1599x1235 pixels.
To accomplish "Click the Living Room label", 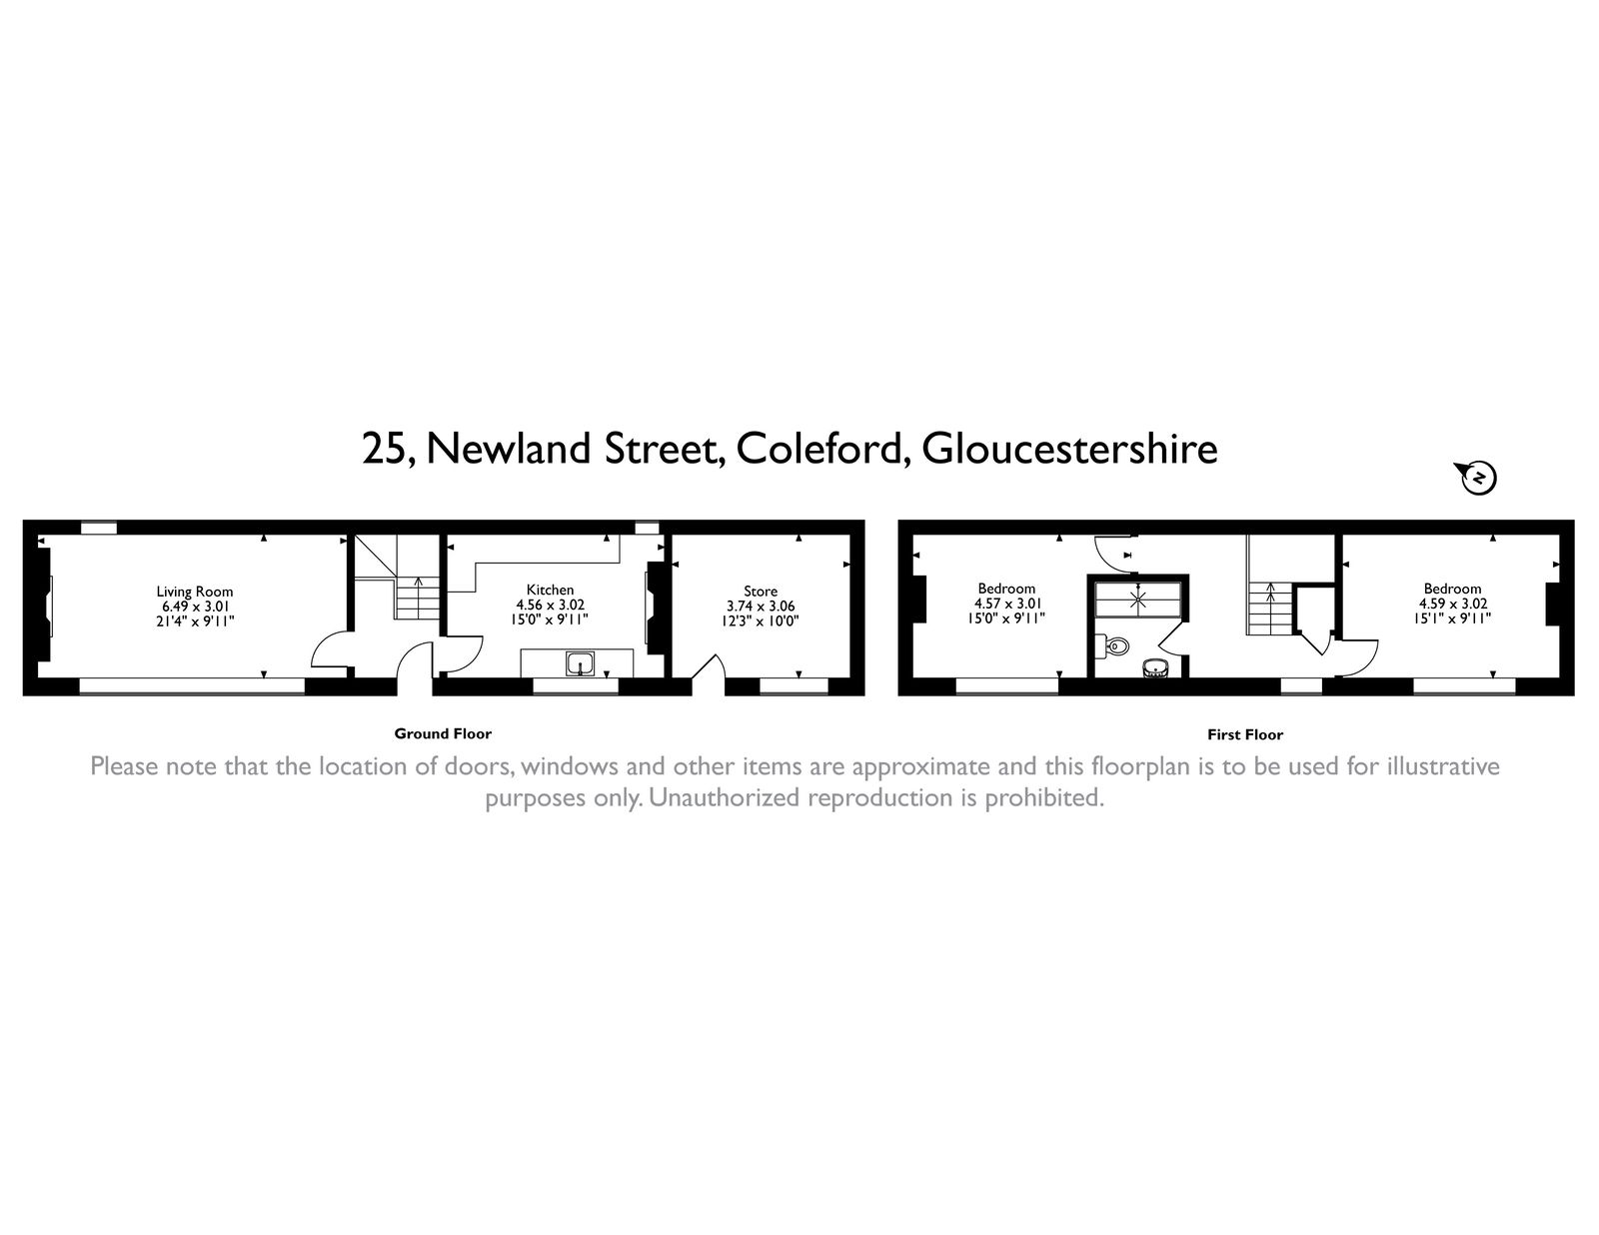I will [194, 592].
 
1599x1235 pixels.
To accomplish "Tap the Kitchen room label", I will [550, 591].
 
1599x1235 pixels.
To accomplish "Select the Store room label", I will [760, 592].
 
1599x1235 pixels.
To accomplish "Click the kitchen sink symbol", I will [580, 662].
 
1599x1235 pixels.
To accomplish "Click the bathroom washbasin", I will [1155, 667].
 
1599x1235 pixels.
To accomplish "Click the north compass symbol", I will [1478, 479].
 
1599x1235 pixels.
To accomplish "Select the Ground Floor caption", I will [443, 733].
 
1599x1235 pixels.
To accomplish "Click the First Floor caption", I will [1244, 734].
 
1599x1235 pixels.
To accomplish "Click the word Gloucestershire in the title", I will [1069, 449].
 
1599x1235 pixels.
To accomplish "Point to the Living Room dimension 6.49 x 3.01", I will [194, 606].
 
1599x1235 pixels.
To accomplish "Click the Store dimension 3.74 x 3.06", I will [760, 606].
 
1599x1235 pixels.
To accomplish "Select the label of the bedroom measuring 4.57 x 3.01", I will [1006, 589].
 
